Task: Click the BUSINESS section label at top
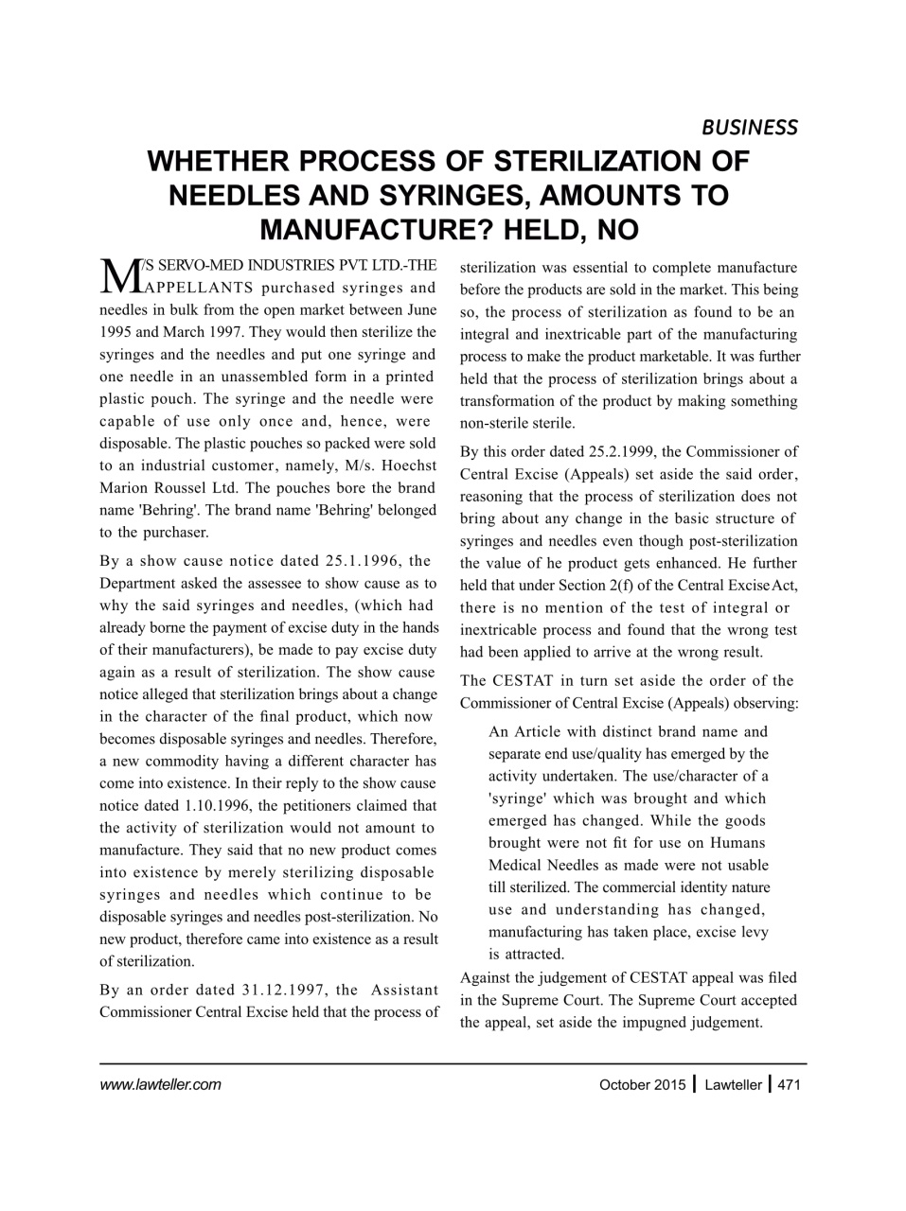pyautogui.click(x=749, y=127)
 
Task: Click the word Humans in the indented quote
pyautogui.click(x=738, y=842)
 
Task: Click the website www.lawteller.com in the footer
pyautogui.click(x=160, y=1085)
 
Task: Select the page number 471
pyautogui.click(x=789, y=1085)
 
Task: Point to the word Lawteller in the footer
pyautogui.click(x=733, y=1085)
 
